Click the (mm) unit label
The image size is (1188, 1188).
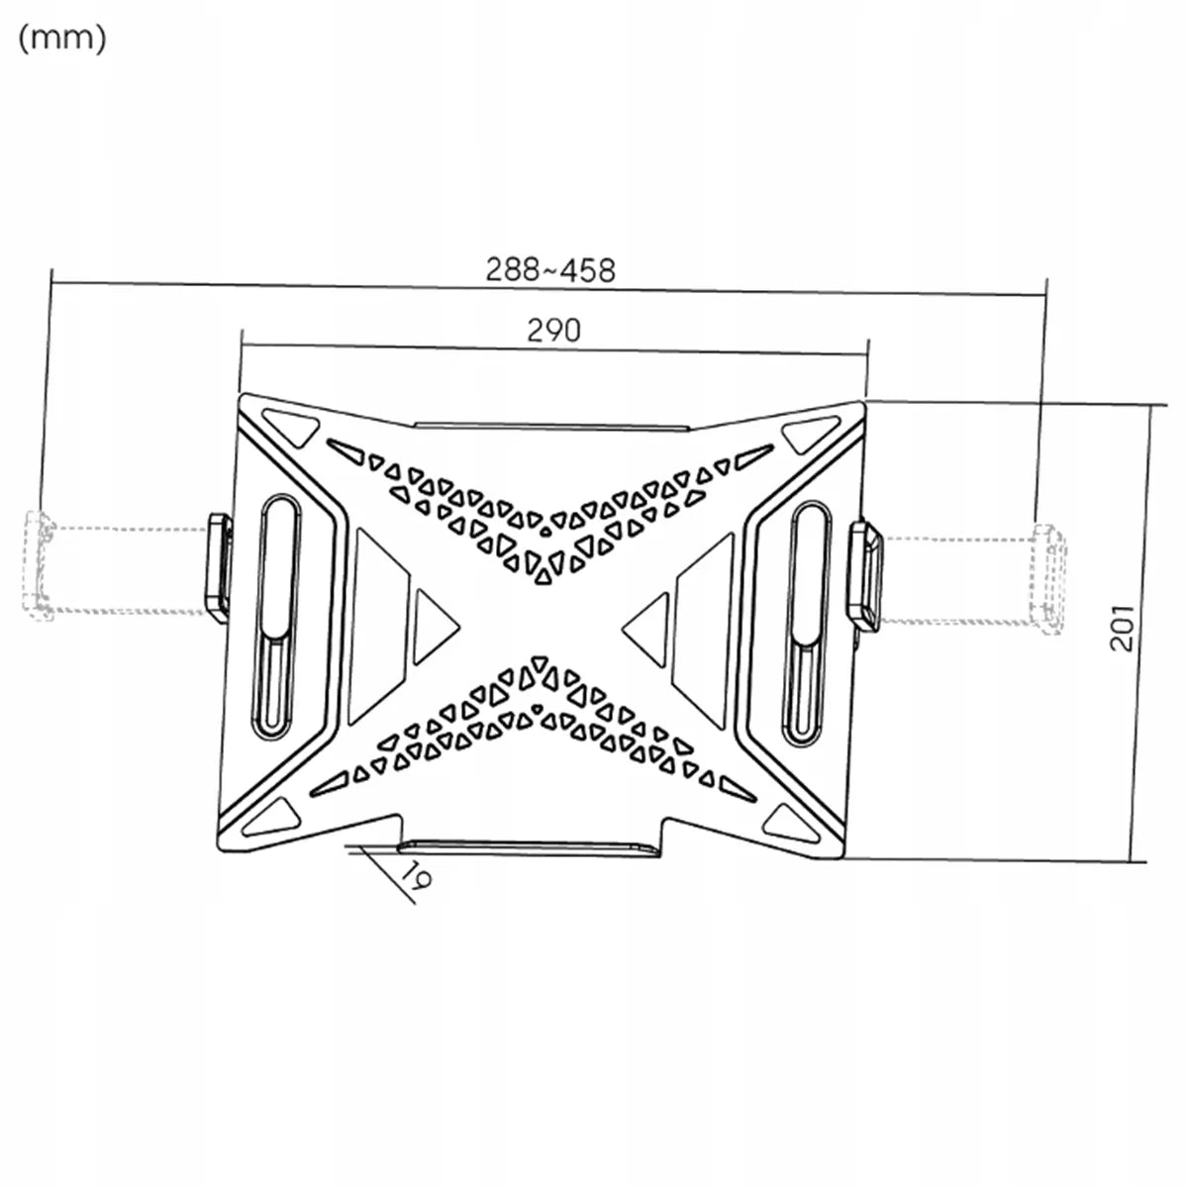click(x=62, y=40)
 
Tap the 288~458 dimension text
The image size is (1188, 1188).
click(x=549, y=270)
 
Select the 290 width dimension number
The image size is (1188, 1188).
click(x=553, y=331)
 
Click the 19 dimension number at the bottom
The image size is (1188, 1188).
click(x=418, y=874)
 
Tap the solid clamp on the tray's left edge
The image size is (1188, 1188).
click(x=219, y=568)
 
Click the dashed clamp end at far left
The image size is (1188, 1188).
click(x=39, y=565)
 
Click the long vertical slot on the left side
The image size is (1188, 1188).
click(x=275, y=617)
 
